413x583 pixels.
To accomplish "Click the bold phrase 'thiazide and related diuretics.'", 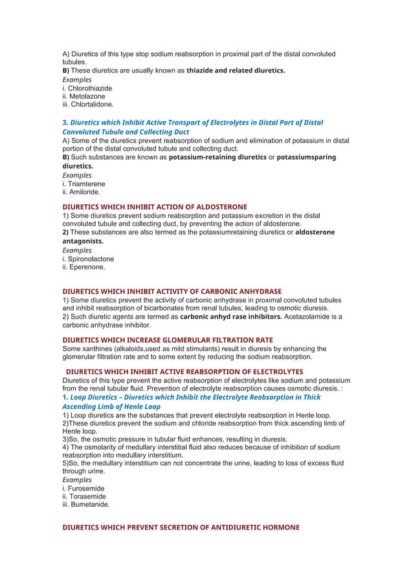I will point(236,70).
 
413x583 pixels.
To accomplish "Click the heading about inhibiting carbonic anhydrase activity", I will point(172,291).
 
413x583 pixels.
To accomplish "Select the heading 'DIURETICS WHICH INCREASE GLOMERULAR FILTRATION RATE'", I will point(167,339).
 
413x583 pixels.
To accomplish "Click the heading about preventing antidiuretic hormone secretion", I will point(181,527).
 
